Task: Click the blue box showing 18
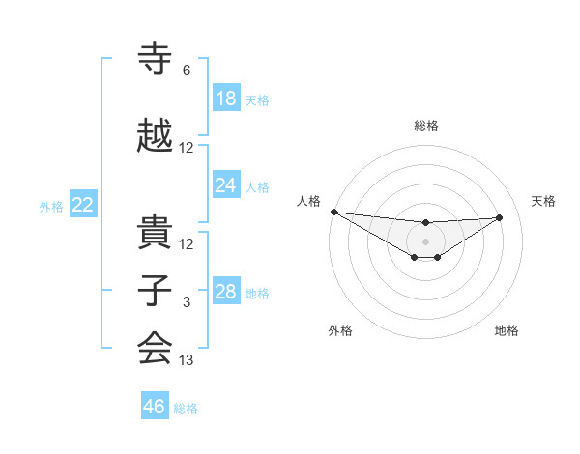[x=226, y=99]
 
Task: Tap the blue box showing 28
[x=226, y=292]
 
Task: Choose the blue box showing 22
[x=83, y=205]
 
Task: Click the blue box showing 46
[x=155, y=407]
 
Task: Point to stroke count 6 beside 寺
[x=187, y=71]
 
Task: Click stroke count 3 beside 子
[x=187, y=302]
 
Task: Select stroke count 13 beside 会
[x=187, y=360]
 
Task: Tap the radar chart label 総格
[x=425, y=126]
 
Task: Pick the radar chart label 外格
[x=340, y=330]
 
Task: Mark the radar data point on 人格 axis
[x=333, y=212]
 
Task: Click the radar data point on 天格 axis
[x=500, y=217]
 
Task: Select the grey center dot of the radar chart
[x=425, y=241]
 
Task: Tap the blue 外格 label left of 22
[x=51, y=206]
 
